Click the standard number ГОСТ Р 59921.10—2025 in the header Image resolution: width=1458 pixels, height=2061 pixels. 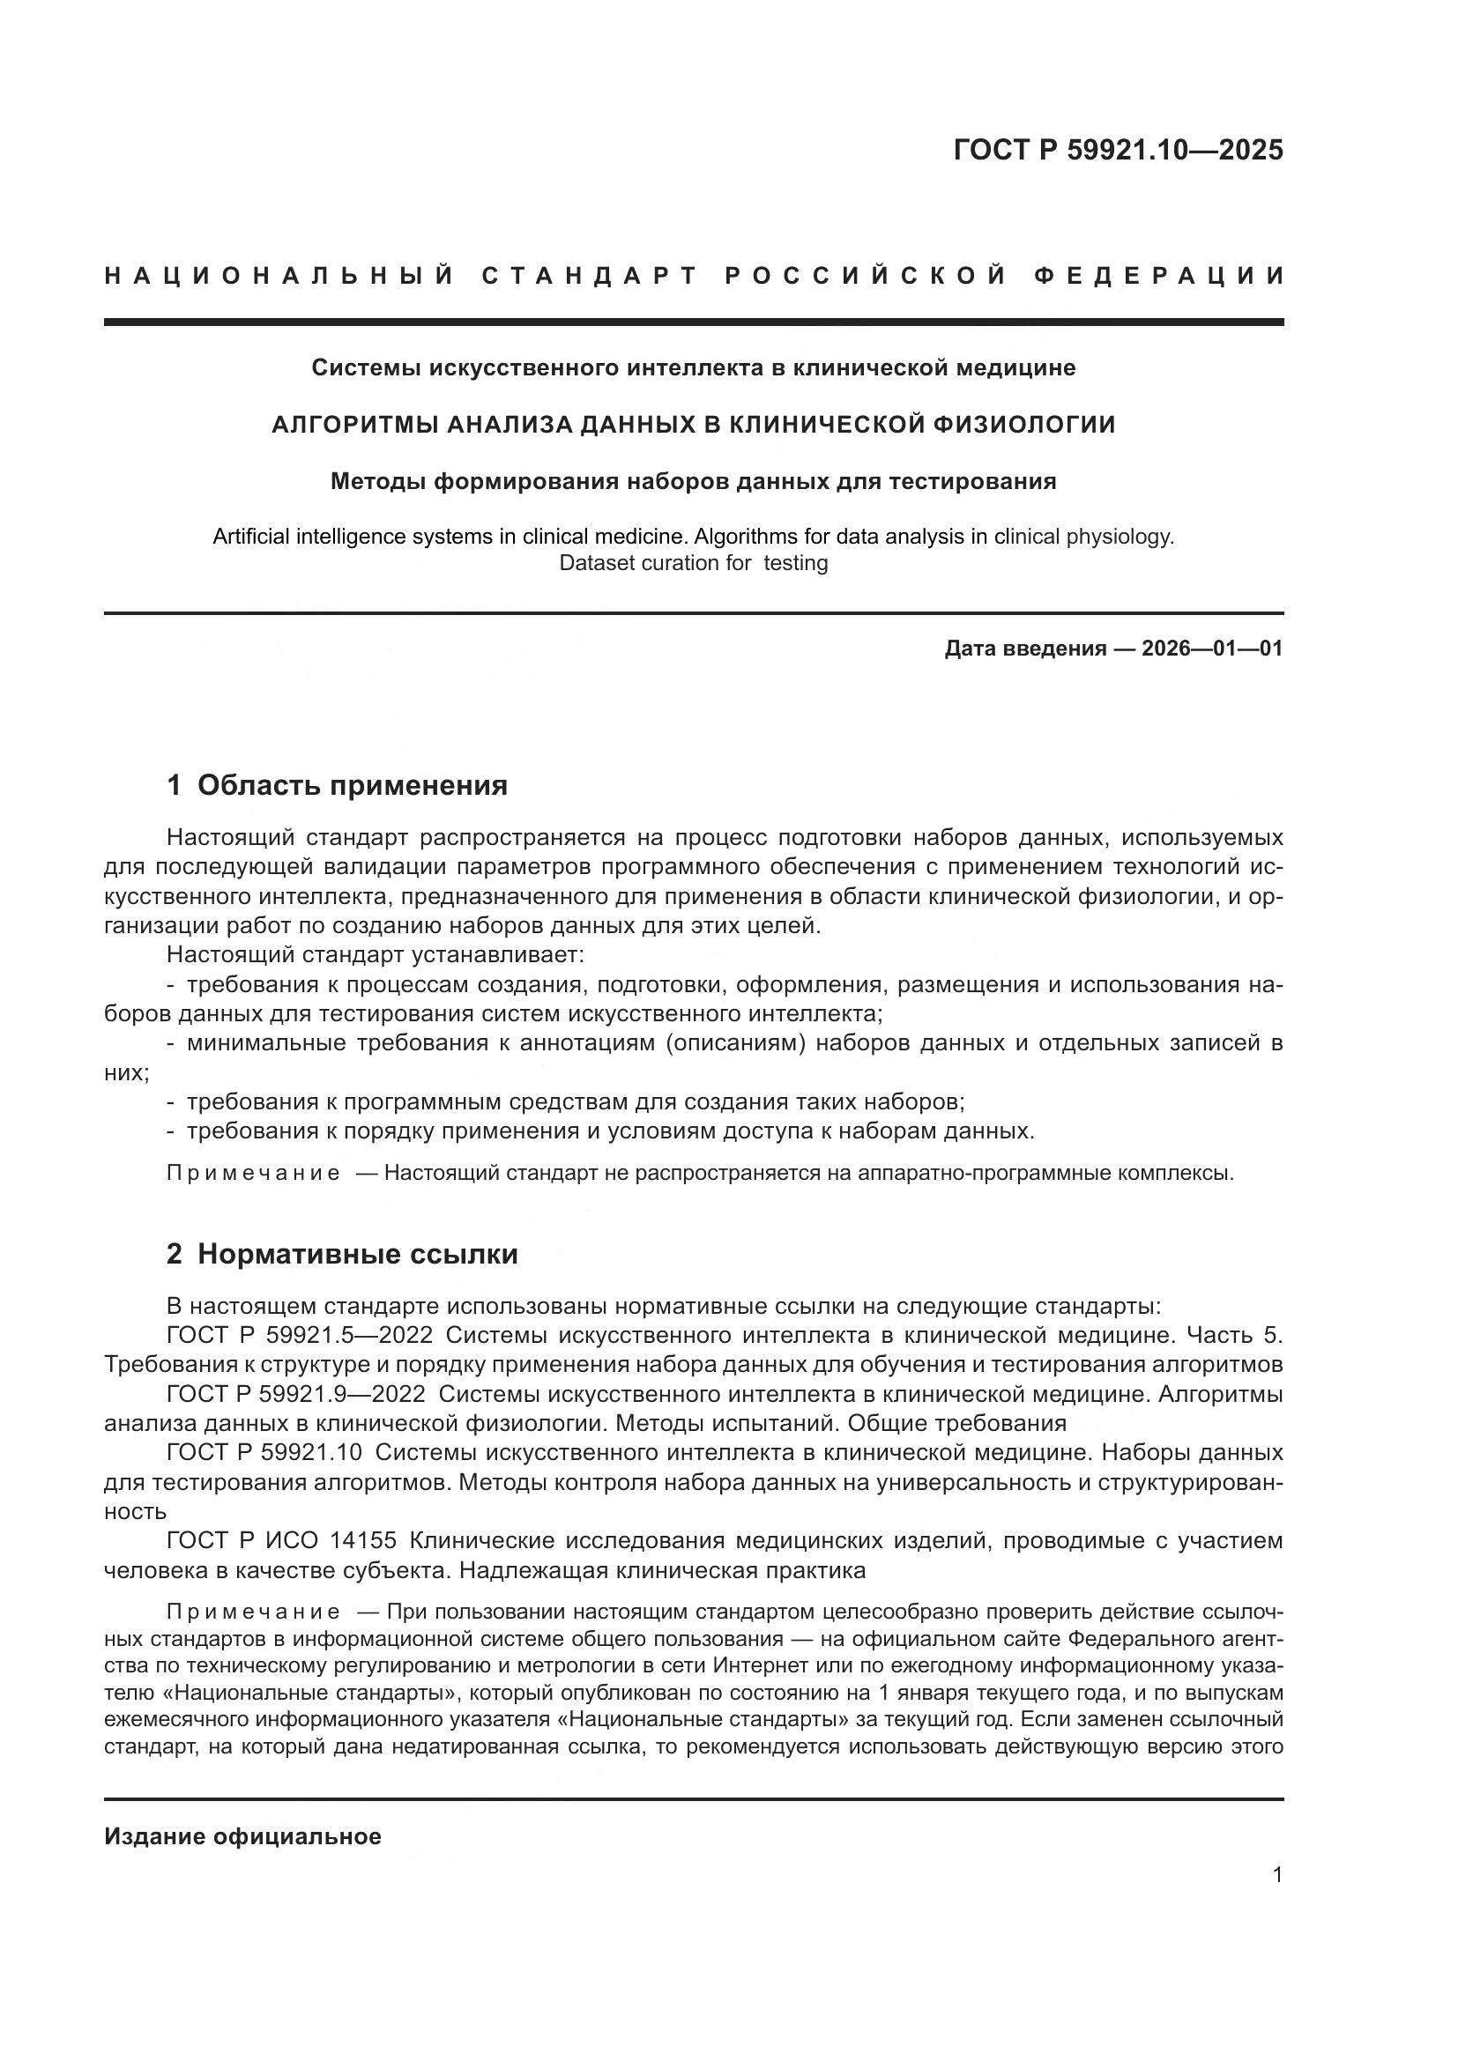pyautogui.click(x=1118, y=150)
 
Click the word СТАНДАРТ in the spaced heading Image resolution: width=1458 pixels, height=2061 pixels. pyautogui.click(x=590, y=276)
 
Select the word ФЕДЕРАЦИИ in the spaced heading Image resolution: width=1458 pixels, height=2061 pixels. pyautogui.click(x=1158, y=276)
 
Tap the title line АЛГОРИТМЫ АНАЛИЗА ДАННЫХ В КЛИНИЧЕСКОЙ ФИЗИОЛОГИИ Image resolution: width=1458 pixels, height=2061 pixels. pyautogui.click(x=693, y=425)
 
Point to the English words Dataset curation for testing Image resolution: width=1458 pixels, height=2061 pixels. pyautogui.click(x=693, y=563)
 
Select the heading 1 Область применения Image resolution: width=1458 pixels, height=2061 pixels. pyautogui.click(x=337, y=785)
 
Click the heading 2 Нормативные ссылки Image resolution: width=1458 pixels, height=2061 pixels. pyautogui.click(x=342, y=1254)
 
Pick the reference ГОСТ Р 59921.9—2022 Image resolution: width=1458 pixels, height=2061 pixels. pyautogui.click(x=296, y=1394)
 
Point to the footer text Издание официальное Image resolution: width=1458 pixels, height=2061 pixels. pyautogui.click(x=242, y=1835)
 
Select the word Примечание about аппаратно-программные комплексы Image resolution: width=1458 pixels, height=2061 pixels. pyautogui.click(x=253, y=1173)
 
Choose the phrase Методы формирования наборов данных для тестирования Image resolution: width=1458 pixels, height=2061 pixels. pyautogui.click(x=693, y=481)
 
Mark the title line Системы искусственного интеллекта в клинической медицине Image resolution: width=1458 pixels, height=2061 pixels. pyautogui.click(x=693, y=367)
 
